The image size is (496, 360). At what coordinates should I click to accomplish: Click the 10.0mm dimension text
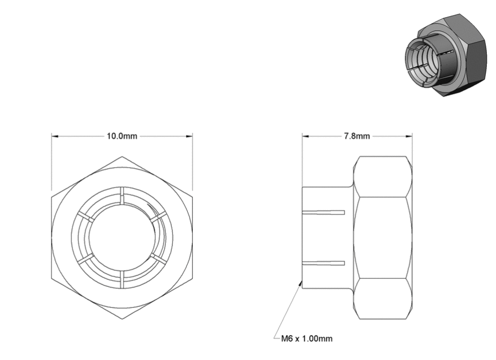(x=122, y=136)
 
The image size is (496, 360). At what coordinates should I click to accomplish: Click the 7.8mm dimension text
(x=357, y=136)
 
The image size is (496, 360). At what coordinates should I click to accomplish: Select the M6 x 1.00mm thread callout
(x=307, y=339)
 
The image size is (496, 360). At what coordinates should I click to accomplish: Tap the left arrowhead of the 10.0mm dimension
(x=55, y=136)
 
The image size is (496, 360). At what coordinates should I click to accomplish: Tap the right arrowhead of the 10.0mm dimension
(x=189, y=136)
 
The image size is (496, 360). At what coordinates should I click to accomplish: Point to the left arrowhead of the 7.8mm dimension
(x=305, y=136)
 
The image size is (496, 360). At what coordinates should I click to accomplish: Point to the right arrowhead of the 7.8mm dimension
(x=409, y=136)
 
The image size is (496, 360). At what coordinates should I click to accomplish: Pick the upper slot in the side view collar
(x=323, y=212)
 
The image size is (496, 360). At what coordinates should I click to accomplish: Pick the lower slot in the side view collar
(x=323, y=263)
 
